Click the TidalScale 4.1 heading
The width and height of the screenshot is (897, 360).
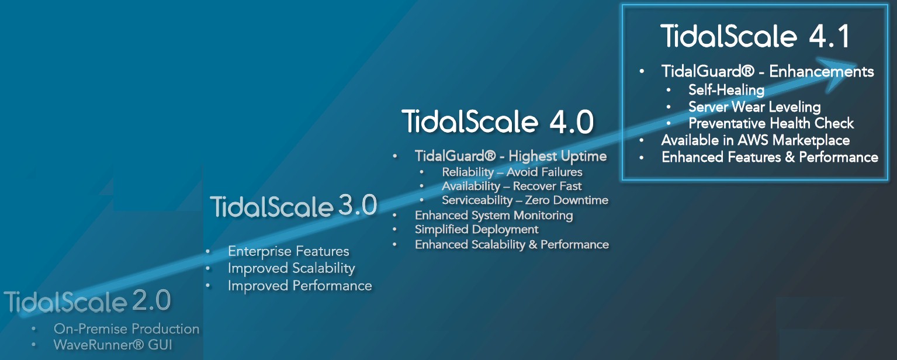coord(755,36)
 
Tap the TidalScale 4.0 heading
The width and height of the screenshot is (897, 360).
coord(498,122)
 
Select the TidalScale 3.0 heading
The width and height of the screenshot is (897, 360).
coord(293,206)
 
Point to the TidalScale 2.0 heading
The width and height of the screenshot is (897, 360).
coord(88,301)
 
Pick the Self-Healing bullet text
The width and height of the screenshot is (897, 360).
coord(726,90)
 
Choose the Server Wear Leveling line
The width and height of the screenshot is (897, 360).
coord(754,107)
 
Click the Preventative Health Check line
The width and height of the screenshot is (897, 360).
coord(771,123)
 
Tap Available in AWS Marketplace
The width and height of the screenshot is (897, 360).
coord(755,140)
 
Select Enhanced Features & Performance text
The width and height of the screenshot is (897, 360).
coord(770,157)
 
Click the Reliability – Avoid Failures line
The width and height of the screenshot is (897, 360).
coord(512,172)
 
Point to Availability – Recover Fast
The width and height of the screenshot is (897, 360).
coord(511,186)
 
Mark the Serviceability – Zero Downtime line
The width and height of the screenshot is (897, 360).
coord(525,200)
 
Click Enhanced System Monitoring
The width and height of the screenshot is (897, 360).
coord(494,216)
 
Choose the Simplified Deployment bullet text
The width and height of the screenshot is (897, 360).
coord(476,230)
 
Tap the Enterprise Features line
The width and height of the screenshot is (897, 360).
coord(288,251)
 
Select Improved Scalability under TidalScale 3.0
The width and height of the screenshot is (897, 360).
coord(291,268)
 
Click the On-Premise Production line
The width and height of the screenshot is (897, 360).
coord(127,329)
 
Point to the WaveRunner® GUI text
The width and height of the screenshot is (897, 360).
coord(113,345)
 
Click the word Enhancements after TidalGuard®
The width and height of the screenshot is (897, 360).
coord(821,71)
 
